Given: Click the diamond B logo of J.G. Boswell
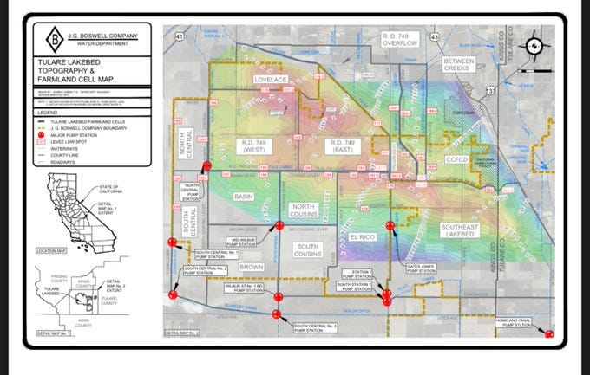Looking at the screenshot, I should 53,38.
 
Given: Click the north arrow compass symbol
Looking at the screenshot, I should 535,47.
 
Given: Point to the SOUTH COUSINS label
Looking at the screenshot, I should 307,250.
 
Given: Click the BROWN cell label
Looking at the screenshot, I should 251,267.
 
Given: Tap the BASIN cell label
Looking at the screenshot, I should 244,197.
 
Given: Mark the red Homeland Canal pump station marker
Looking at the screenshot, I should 549,333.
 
